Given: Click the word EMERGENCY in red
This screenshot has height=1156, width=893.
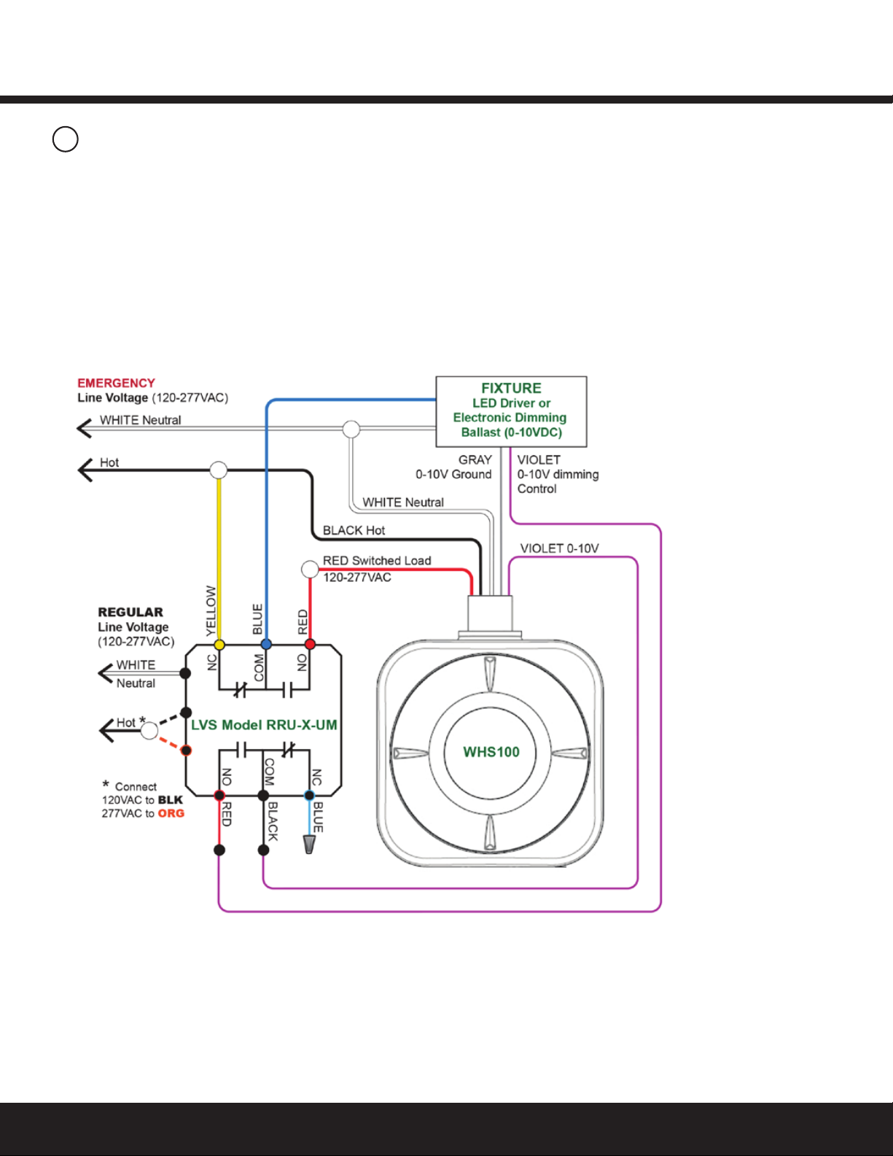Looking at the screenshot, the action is tap(116, 383).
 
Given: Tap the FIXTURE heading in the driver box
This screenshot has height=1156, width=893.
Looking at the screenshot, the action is tap(511, 388).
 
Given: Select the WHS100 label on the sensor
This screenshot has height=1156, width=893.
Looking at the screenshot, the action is tap(491, 752).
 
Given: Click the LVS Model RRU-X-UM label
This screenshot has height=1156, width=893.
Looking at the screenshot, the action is tap(264, 725).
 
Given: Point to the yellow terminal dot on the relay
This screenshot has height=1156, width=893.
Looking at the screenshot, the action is tap(219, 645).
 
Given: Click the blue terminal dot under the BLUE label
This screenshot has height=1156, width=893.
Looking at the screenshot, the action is tap(266, 644).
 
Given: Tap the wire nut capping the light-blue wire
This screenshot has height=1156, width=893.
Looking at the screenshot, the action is tap(309, 845).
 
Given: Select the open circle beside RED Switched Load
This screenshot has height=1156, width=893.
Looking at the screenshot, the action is tap(310, 569).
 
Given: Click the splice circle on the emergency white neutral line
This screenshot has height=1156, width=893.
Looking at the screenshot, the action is tap(351, 429).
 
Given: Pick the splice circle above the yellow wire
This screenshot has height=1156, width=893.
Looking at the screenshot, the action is tap(219, 470).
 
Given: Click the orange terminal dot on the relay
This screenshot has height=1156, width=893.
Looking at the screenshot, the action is tap(186, 750).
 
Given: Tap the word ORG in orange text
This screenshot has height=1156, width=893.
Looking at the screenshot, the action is tap(171, 813).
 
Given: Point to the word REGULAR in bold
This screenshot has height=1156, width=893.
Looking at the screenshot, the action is tap(130, 613).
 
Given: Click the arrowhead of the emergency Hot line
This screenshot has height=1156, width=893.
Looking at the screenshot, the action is tap(85, 470).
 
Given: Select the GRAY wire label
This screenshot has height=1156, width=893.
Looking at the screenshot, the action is tap(475, 460).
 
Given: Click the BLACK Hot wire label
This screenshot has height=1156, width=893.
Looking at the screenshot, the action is tap(354, 530).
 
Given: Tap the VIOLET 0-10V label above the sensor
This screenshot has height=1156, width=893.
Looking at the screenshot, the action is tap(560, 548).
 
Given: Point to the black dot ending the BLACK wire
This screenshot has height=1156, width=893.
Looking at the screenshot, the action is tap(263, 850).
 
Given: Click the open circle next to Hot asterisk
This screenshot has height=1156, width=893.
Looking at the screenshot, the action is tap(149, 730).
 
